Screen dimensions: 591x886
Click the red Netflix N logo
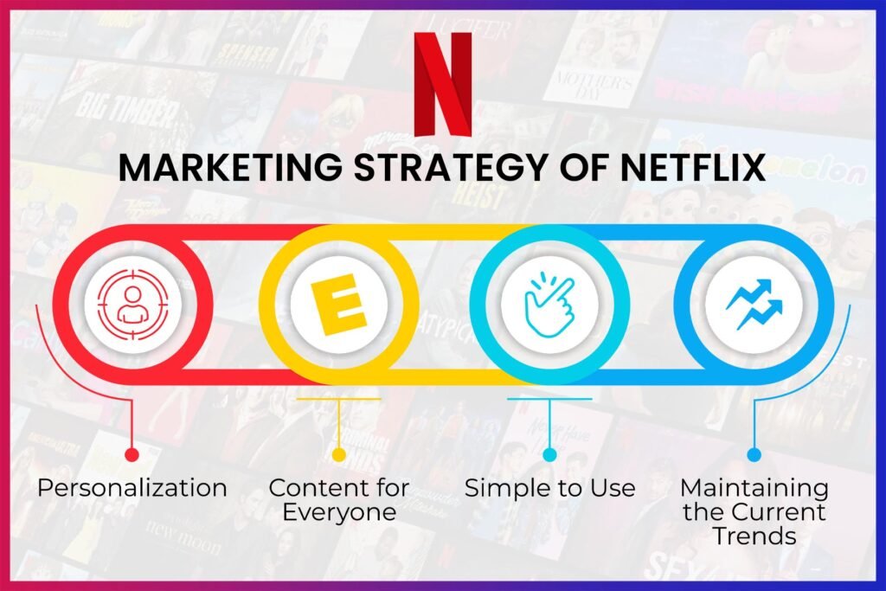tap(442, 84)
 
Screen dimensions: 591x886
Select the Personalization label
tap(132, 488)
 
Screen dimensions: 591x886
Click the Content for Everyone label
tap(338, 499)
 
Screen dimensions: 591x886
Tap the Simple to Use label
tap(549, 488)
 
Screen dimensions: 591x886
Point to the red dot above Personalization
tap(132, 454)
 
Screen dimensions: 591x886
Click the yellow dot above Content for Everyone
tap(338, 454)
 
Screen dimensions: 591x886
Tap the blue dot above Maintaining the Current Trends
tap(754, 454)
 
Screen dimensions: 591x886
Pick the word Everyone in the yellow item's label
tap(338, 511)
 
